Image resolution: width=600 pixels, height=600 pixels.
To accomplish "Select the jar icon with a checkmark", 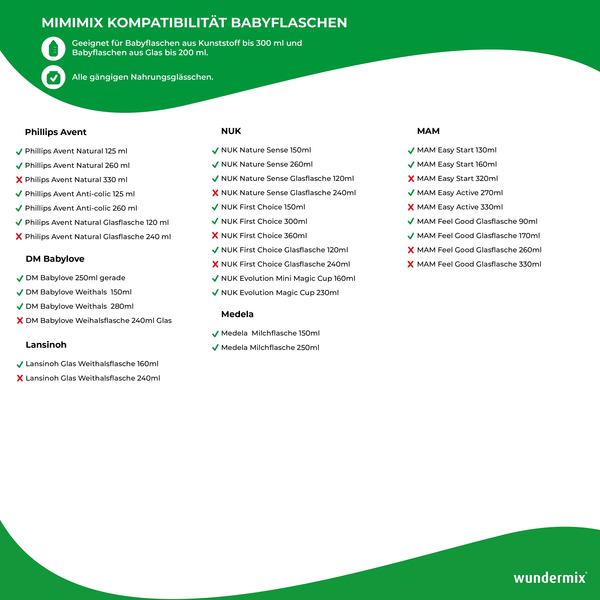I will pyautogui.click(x=53, y=77).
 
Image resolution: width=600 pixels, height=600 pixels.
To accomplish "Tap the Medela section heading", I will pyautogui.click(x=237, y=314).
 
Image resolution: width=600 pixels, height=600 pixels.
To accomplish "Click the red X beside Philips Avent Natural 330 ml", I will pyautogui.click(x=19, y=180).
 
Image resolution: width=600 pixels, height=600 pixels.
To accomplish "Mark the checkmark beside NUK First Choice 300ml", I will pyautogui.click(x=215, y=221).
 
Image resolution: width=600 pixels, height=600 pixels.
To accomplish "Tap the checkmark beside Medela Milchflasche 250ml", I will pyautogui.click(x=215, y=348).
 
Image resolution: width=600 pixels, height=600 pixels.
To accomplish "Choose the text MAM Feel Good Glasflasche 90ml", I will pyautogui.click(x=477, y=221).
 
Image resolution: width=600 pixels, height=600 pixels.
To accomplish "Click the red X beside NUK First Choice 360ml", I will pyautogui.click(x=215, y=236).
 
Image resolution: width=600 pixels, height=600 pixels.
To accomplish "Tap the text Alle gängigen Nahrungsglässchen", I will pyautogui.click(x=142, y=77).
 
